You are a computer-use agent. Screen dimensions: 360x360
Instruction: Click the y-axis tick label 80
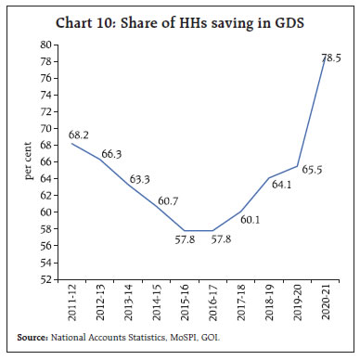45,45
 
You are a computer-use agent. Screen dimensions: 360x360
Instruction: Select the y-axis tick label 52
45,278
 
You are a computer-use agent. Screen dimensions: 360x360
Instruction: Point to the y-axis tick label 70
45,128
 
